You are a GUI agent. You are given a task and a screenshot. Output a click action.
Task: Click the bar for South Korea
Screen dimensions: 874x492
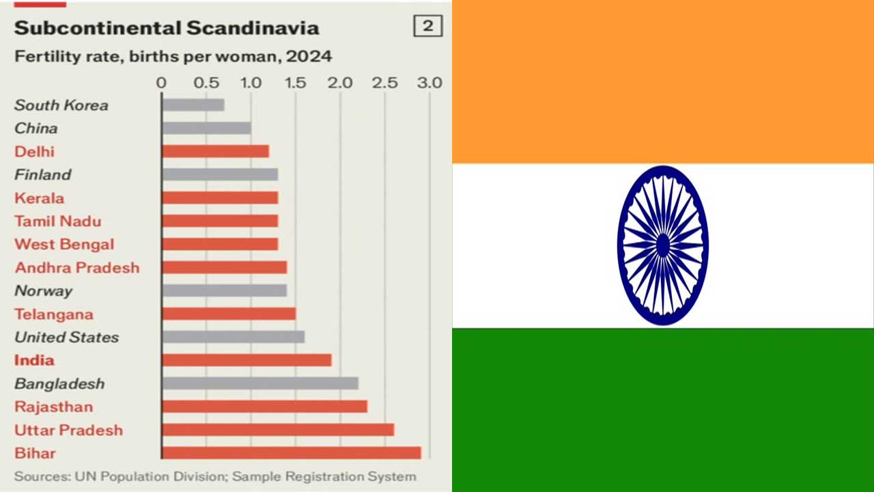(x=193, y=105)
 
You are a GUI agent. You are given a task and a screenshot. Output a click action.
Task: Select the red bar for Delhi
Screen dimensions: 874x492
(x=216, y=152)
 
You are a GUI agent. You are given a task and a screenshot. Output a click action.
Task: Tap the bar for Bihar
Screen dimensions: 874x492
(x=292, y=453)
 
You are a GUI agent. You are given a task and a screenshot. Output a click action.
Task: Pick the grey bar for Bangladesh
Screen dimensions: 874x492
(x=260, y=383)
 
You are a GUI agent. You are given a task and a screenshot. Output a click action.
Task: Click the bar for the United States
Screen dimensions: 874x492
(x=234, y=337)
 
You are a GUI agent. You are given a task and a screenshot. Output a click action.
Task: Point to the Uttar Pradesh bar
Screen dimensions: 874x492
(x=278, y=430)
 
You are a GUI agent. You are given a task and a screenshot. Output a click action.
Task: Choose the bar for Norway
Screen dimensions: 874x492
(x=225, y=290)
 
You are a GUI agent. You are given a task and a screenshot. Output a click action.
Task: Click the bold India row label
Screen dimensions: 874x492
(x=34, y=360)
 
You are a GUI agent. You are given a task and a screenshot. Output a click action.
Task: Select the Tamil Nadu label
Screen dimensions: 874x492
(x=58, y=221)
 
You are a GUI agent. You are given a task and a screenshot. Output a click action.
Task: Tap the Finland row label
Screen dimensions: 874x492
(x=43, y=174)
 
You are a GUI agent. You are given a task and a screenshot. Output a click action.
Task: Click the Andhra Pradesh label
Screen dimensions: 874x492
(x=77, y=267)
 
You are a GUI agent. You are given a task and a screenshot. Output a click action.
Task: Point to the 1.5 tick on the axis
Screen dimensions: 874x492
(x=296, y=83)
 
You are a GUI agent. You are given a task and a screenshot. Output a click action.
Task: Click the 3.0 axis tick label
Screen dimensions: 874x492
(x=429, y=83)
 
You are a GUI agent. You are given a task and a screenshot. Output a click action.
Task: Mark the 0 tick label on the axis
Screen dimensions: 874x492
(x=161, y=83)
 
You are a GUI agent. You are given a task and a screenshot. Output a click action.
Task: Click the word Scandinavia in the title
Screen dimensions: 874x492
(x=253, y=28)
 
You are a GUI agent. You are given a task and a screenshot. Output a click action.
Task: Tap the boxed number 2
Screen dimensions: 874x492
(x=428, y=26)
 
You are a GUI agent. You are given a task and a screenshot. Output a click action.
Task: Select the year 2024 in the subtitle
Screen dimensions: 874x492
(x=309, y=57)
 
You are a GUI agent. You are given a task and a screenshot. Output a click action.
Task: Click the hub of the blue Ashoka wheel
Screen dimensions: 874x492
(x=663, y=245)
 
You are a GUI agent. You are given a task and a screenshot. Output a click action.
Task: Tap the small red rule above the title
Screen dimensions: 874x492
(x=40, y=4)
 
